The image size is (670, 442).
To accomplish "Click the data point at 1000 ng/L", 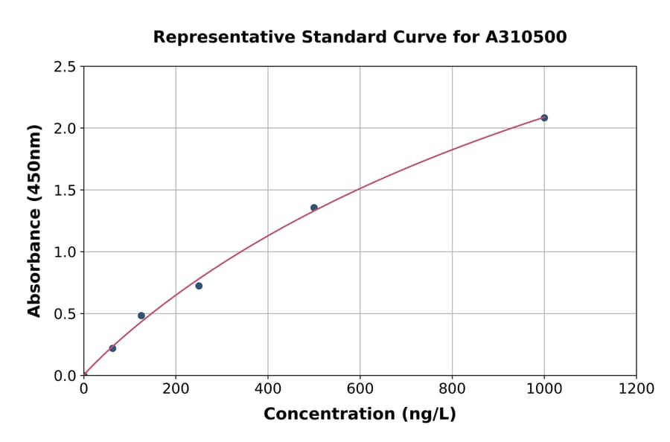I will coord(544,118).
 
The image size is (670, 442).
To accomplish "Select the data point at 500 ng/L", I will coord(314,208).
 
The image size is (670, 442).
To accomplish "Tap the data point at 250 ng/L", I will coord(199,286).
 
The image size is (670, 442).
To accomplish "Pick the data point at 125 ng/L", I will coord(141,316).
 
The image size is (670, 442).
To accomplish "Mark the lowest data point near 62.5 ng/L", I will coord(112,348).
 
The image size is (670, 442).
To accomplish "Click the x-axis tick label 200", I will coord(176,388).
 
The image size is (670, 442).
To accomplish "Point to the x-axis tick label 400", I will coord(268,388).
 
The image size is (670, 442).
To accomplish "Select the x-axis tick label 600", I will coord(360,388).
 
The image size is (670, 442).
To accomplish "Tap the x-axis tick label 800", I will coord(452,388).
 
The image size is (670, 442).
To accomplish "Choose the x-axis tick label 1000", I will coord(544,388).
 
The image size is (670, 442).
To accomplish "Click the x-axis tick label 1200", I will coord(636,388).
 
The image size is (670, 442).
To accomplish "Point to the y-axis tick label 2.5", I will coord(66,67).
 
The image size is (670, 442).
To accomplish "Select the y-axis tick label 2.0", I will coord(66,129).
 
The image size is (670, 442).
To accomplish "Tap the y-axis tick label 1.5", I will coord(66,190).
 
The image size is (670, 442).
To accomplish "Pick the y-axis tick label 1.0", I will coord(66,252).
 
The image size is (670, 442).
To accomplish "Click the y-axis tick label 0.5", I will coord(66,314).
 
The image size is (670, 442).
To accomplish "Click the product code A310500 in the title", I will coord(527,37).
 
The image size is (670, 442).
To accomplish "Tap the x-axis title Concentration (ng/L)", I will coord(360,414).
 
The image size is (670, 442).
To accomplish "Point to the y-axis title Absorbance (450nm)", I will coord(34,220).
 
